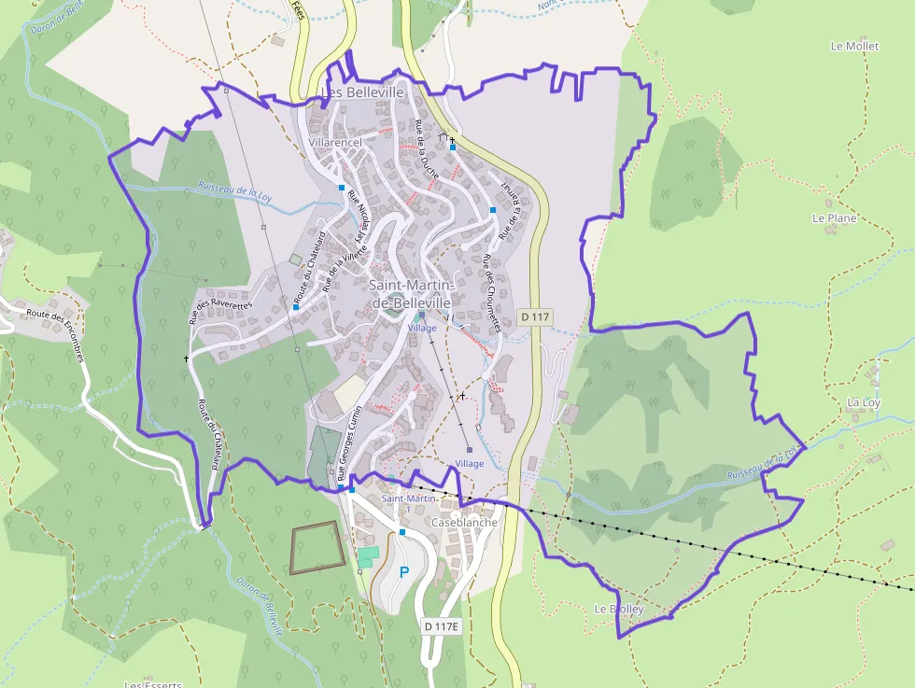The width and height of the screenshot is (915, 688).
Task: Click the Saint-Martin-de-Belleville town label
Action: tap(411, 294)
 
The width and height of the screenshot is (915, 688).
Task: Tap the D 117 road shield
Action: tap(535, 317)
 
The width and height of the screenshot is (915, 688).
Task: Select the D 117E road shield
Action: tap(441, 626)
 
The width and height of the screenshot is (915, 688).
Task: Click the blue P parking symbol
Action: tap(404, 572)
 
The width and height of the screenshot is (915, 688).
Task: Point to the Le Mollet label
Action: tap(854, 46)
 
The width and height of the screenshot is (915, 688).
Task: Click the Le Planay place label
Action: tap(834, 218)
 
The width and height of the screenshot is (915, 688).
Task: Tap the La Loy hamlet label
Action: tap(863, 402)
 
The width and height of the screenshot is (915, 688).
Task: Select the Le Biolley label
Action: tap(618, 609)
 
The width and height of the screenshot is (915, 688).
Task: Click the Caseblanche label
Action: tap(464, 523)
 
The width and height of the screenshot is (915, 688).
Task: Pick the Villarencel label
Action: tap(334, 142)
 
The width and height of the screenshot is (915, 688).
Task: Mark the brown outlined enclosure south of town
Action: tap(316, 547)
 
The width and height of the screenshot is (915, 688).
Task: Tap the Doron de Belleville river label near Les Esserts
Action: tap(260, 607)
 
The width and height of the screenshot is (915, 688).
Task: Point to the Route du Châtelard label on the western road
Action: tap(211, 434)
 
